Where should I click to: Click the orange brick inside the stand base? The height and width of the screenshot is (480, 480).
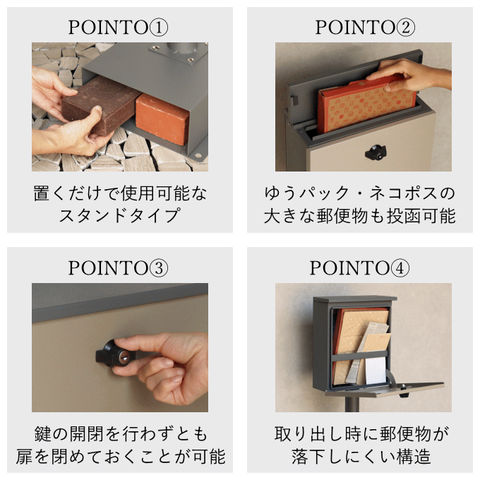tap(162, 118)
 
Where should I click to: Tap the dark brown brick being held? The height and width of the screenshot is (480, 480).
tap(100, 105)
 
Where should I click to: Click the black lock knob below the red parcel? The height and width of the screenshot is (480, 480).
tap(376, 152)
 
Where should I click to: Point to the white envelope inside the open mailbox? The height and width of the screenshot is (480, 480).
tap(375, 370)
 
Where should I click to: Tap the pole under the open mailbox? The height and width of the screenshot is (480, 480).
tap(352, 404)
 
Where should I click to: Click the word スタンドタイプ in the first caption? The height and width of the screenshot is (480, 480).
tap(120, 216)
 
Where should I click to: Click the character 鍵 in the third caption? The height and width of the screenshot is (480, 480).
tap(43, 434)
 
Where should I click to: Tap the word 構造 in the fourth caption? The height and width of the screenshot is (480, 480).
tap(413, 456)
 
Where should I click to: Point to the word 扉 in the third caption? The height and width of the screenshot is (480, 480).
tap(24, 456)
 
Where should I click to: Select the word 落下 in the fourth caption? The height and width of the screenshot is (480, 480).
tap(309, 456)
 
